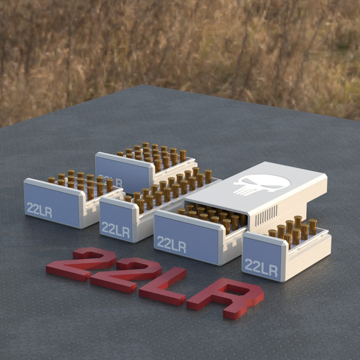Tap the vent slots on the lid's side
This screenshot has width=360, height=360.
point(266,216)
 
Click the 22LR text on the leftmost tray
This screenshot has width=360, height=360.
point(39,210)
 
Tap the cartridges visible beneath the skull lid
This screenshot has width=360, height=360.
point(212,215)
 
